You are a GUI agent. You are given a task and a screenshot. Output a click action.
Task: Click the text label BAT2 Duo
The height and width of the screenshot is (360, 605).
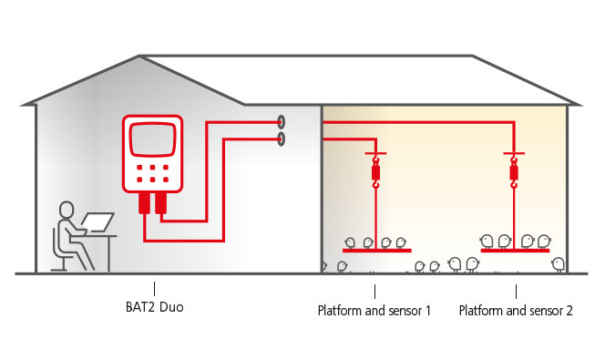click(154, 308)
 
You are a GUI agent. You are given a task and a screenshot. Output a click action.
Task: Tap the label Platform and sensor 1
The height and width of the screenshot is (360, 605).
click(374, 310)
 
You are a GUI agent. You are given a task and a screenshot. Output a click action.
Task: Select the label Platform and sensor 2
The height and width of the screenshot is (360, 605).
click(516, 310)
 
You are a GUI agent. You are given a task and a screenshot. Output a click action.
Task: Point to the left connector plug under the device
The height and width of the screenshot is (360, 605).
click(144, 202)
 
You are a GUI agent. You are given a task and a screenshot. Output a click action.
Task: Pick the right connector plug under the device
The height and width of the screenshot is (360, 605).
click(161, 202)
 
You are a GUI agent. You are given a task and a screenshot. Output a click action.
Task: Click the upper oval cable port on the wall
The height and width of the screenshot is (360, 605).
click(282, 121)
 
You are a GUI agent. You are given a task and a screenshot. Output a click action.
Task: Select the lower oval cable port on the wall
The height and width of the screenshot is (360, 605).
click(282, 139)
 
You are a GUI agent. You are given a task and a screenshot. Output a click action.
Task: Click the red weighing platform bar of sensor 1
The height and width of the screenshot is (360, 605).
click(376, 250)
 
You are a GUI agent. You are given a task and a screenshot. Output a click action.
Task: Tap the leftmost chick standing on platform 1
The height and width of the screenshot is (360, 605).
click(351, 242)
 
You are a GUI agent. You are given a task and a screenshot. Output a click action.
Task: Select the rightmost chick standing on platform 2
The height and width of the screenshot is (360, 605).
click(544, 242)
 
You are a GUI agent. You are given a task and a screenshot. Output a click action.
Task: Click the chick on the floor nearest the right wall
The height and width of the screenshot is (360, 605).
click(558, 264)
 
